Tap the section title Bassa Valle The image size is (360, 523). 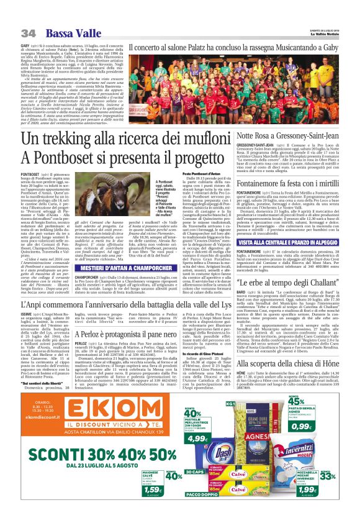63,32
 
